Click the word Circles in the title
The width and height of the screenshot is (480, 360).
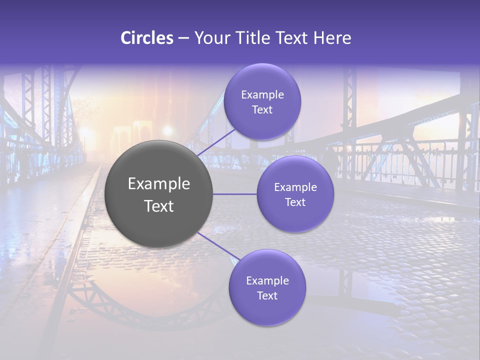146,38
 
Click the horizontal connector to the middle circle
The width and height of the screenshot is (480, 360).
235,194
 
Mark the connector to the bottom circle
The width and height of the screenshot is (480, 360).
218,246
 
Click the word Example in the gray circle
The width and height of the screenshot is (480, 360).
159,184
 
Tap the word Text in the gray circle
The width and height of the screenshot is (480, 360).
159,206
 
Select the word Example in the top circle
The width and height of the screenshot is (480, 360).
262,95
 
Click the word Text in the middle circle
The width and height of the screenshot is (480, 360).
295,202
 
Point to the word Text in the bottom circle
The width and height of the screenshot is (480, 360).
267,295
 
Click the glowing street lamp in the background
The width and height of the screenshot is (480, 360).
167,131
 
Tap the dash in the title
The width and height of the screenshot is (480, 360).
183,38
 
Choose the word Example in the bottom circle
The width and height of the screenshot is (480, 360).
267,280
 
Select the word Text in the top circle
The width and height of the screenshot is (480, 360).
262,109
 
